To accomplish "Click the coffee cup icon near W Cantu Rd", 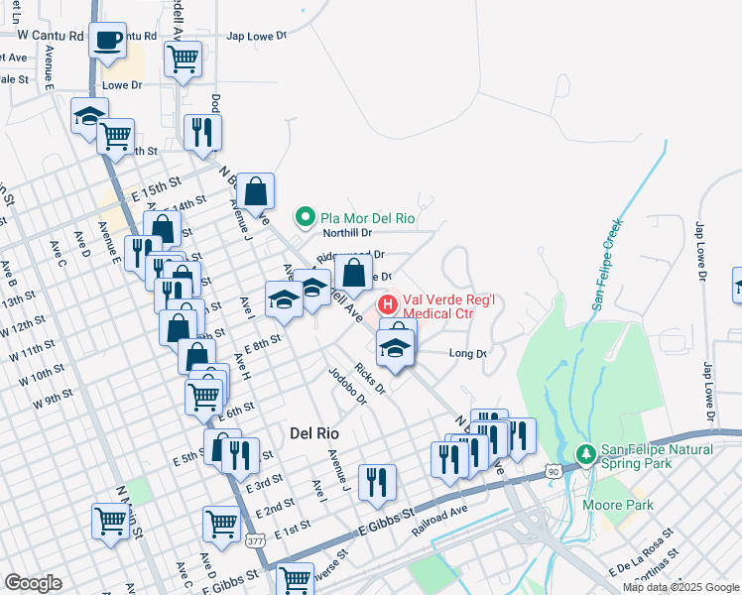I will (107, 41).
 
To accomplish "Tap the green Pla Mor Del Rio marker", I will (306, 216).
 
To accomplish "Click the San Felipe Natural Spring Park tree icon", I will (586, 454).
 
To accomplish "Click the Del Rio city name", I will (314, 433).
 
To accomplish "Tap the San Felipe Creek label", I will (607, 264).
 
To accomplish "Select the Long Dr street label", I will (468, 353).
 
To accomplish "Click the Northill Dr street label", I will (347, 233).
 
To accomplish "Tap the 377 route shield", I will (255, 541).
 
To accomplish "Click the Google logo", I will (33, 583).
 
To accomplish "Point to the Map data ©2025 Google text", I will (680, 587).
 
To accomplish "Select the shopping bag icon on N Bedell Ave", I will (256, 190).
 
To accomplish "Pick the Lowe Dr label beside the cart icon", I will (123, 86).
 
